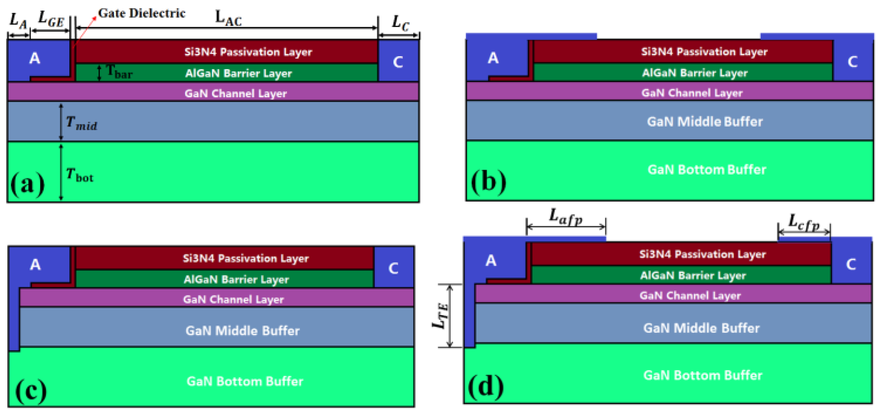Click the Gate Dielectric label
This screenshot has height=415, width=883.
(141, 13)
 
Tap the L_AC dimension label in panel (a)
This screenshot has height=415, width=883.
(229, 18)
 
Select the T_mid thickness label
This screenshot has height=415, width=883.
(81, 123)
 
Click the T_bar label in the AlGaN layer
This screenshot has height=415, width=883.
(119, 72)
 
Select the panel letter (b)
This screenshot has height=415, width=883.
(488, 182)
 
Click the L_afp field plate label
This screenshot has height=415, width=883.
(566, 216)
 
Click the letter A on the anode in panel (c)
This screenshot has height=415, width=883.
(35, 265)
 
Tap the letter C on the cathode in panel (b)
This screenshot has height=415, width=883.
(852, 62)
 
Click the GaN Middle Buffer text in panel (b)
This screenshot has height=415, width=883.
(705, 122)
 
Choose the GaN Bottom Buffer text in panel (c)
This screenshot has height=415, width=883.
(245, 381)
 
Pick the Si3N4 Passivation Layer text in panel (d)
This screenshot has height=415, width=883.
(702, 254)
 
